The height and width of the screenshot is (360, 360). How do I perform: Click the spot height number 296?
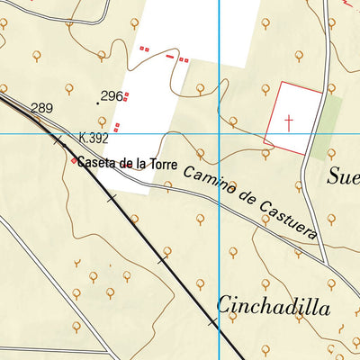[x=112, y=96]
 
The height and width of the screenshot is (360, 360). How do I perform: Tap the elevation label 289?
[x=41, y=109]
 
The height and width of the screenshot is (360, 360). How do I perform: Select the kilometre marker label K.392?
[x=93, y=139]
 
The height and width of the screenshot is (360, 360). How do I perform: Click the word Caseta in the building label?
[x=95, y=163]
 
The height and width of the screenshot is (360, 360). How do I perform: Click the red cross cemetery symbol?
[x=289, y=121]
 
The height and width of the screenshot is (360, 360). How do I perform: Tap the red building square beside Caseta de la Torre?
[x=74, y=161]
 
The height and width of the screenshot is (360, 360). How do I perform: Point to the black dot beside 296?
[x=98, y=103]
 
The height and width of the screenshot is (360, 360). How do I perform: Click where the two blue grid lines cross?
[x=220, y=134]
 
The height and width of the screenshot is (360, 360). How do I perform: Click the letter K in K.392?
[x=83, y=139]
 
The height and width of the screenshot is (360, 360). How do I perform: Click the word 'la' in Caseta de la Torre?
[x=139, y=164]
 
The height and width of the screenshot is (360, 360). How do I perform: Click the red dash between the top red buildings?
[x=171, y=55]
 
